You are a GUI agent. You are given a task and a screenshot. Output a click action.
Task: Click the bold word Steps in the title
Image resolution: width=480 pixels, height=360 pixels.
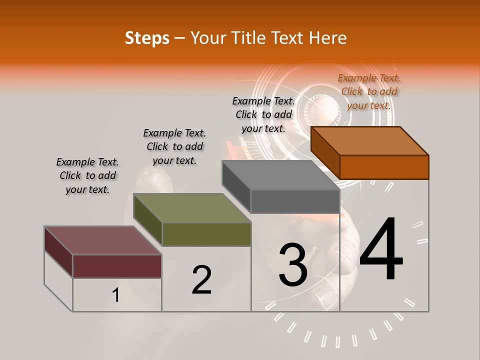147,38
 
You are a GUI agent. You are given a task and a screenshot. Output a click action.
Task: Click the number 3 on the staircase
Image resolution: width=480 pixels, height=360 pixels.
293,264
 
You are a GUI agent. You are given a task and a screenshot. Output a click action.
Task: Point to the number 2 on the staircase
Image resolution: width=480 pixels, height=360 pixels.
201,280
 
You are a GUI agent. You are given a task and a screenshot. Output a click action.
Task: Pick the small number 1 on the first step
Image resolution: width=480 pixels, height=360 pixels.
115,295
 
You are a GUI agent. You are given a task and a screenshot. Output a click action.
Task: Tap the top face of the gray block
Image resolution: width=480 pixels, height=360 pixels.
280,175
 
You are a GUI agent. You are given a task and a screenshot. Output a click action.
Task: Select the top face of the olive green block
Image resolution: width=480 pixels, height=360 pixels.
192,208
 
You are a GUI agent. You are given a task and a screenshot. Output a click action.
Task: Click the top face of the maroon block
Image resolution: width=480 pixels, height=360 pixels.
102,240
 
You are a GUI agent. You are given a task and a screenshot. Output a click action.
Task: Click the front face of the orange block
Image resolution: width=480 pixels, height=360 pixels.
384,167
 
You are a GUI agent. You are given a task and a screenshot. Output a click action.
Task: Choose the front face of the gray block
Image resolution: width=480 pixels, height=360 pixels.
295,201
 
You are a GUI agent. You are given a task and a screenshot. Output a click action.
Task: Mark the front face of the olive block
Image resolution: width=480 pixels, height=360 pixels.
206,234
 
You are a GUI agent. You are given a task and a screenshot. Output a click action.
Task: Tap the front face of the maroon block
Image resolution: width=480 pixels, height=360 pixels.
117,266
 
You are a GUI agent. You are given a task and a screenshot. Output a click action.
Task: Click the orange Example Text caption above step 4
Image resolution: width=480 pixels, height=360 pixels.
369,91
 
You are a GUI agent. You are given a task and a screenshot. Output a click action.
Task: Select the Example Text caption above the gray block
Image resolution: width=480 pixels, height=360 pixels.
263,114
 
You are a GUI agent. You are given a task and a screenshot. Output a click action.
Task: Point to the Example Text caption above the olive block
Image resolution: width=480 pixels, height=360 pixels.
174,146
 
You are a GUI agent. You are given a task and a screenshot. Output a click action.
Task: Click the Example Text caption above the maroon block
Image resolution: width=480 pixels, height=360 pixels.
87,176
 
